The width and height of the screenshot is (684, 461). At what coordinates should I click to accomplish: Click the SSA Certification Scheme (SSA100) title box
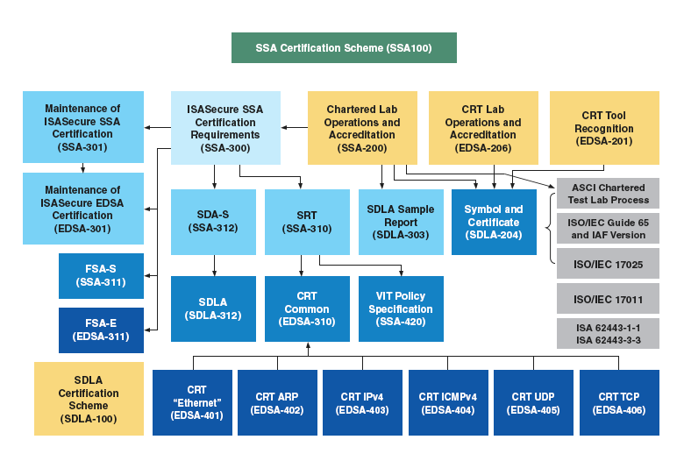(344, 48)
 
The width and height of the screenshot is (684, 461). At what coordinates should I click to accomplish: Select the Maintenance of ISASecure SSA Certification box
(83, 127)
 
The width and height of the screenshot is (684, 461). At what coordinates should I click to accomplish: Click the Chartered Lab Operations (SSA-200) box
(362, 128)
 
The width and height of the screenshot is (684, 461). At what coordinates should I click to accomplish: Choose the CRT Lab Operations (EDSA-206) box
(482, 128)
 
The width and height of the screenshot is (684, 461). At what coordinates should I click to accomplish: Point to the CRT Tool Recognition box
(604, 128)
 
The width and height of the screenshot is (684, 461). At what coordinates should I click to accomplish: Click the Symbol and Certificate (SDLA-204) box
(493, 222)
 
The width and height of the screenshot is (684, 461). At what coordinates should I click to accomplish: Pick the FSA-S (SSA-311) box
(101, 275)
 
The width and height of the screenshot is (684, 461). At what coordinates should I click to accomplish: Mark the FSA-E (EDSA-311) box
(101, 330)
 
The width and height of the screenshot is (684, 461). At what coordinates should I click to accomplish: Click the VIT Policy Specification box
(401, 302)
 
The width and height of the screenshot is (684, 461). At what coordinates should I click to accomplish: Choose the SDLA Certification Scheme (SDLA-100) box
(89, 399)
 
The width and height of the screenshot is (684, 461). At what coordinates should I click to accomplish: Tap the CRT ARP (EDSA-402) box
(277, 403)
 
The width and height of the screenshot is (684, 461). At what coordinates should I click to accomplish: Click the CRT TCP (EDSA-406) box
(618, 403)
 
